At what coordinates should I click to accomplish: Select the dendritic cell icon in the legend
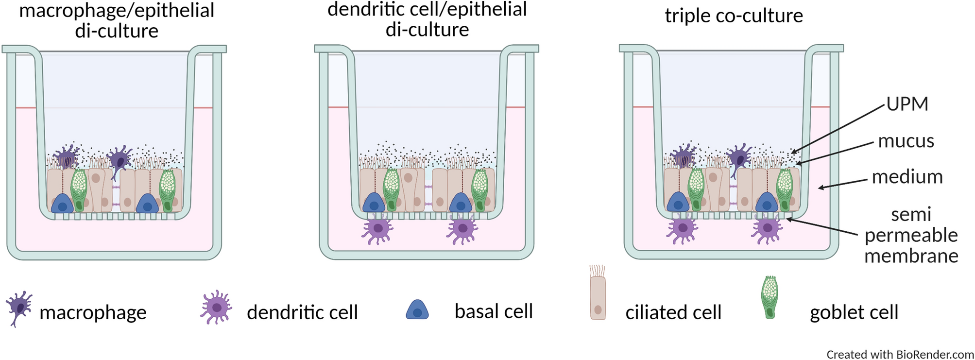click(x=216, y=307)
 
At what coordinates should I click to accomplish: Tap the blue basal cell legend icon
click(x=417, y=309)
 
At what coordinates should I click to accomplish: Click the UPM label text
click(x=907, y=104)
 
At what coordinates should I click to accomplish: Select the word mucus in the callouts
click(x=906, y=141)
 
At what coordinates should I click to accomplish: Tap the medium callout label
click(x=907, y=177)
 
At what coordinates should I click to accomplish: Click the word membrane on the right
click(x=911, y=256)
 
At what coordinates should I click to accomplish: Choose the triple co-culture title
click(x=734, y=16)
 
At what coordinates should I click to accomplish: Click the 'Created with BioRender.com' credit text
click(x=900, y=354)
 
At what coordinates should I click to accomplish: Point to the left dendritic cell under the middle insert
click(x=377, y=228)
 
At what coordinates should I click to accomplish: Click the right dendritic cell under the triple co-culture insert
click(x=767, y=228)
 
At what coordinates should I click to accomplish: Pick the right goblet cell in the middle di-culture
click(x=480, y=189)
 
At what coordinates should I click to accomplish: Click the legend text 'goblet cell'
click(x=854, y=312)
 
